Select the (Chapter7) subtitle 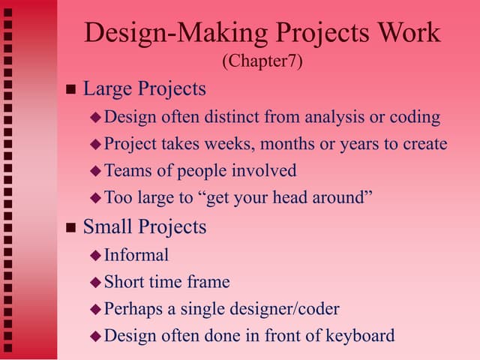tap(262, 61)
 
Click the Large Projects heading tap(144, 88)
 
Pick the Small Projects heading tap(144, 226)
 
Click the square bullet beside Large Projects tap(71, 90)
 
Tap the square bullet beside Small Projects tap(71, 227)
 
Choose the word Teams tap(126, 171)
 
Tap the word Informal tap(136, 254)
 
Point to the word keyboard tap(358, 335)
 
